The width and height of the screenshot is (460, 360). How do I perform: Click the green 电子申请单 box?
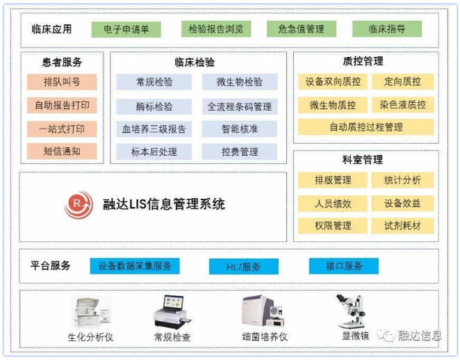coord(126,29)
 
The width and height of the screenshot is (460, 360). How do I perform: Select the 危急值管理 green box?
coord(302,28)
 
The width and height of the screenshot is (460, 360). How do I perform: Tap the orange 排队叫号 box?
coord(62,82)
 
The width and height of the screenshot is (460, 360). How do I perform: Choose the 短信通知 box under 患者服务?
coord(62,151)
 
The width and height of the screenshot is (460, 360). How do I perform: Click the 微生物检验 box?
coord(240,82)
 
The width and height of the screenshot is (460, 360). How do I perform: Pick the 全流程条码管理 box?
coord(240,106)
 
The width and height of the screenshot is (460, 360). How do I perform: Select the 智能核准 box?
coord(240,129)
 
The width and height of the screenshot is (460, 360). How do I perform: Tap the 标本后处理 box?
coord(154,152)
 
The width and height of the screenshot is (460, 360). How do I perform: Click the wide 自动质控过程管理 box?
coord(365,127)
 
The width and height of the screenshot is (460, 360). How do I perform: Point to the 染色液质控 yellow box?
coord(403,105)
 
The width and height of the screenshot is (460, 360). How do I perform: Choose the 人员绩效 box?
coord(333,204)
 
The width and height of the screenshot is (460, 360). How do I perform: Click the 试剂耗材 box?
coord(403,226)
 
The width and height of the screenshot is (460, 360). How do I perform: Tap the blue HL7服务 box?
coord(244,266)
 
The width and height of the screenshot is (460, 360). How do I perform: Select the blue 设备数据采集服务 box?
coord(135,266)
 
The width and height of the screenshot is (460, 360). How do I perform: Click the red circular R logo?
coord(79,204)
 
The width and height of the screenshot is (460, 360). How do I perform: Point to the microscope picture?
coord(351,311)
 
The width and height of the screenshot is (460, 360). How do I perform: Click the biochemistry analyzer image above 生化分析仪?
coord(92,313)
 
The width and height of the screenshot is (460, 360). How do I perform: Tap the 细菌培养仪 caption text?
coord(265,337)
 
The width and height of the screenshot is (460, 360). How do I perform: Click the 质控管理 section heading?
coord(363,61)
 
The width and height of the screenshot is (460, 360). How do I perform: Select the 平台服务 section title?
coord(51,265)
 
